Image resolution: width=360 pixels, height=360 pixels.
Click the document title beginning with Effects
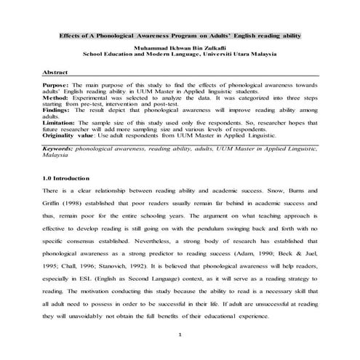click(x=180, y=36)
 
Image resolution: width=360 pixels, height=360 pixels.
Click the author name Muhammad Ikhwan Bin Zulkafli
click(x=180, y=47)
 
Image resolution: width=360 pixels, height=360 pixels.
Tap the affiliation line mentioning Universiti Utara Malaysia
click(x=180, y=54)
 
